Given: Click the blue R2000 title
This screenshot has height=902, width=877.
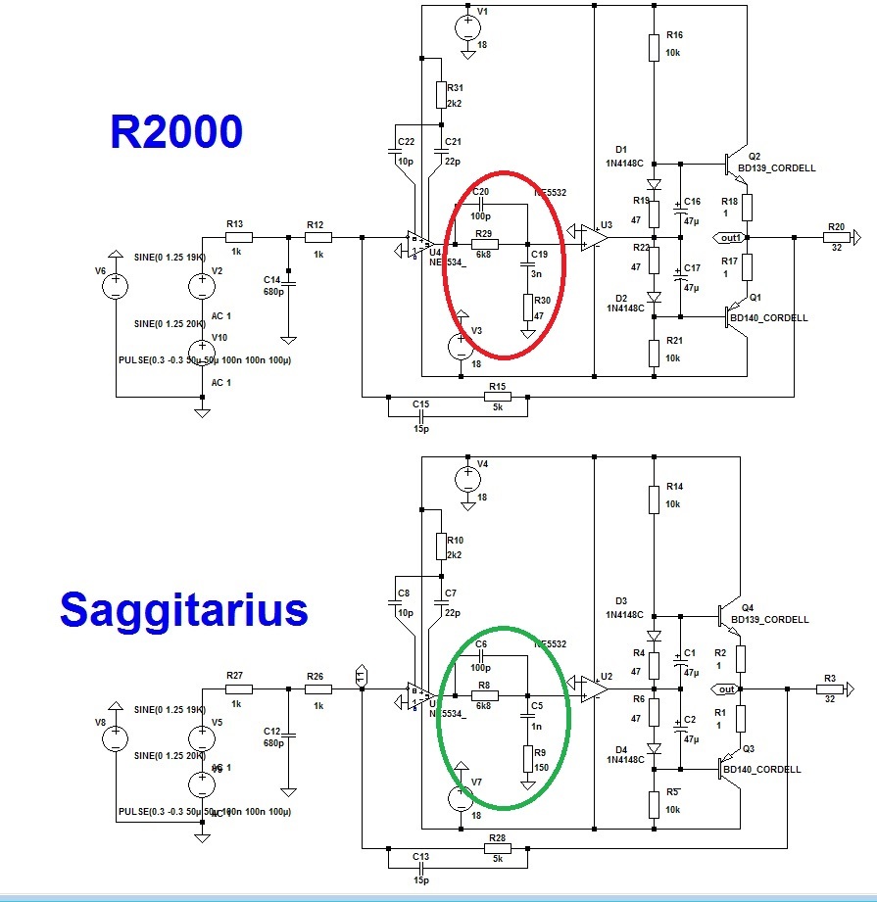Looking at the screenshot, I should (176, 131).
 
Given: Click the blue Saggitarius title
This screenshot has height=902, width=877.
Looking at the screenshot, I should (183, 609).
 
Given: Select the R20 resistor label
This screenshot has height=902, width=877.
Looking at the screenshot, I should (836, 226).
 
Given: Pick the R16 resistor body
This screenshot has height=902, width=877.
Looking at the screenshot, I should (654, 47).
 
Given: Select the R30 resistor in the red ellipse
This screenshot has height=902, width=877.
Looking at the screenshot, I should (527, 309).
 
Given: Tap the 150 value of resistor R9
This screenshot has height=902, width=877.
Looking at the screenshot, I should (541, 769).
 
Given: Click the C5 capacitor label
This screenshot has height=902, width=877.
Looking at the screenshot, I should (536, 704).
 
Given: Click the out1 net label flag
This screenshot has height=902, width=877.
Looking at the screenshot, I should (729, 237).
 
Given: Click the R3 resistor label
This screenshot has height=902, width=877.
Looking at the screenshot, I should (830, 678).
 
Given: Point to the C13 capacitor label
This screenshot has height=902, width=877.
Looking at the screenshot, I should (420, 855).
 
